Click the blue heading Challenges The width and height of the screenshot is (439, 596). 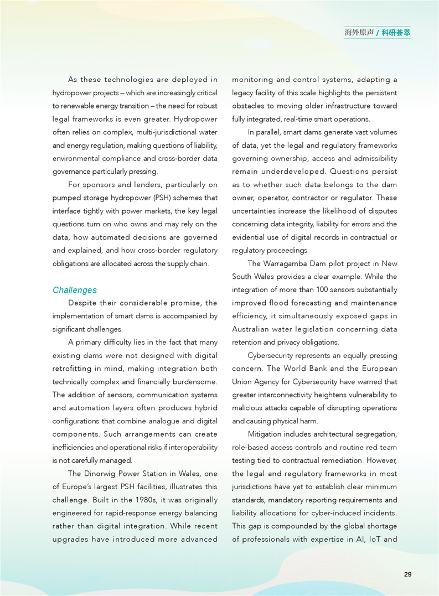click(75, 290)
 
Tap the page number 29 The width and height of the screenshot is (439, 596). click(407, 574)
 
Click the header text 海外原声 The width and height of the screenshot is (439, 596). click(359, 33)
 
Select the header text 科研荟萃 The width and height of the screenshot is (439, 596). click(396, 33)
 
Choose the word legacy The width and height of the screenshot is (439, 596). click(242, 93)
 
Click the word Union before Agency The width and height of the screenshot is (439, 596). click(242, 382)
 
